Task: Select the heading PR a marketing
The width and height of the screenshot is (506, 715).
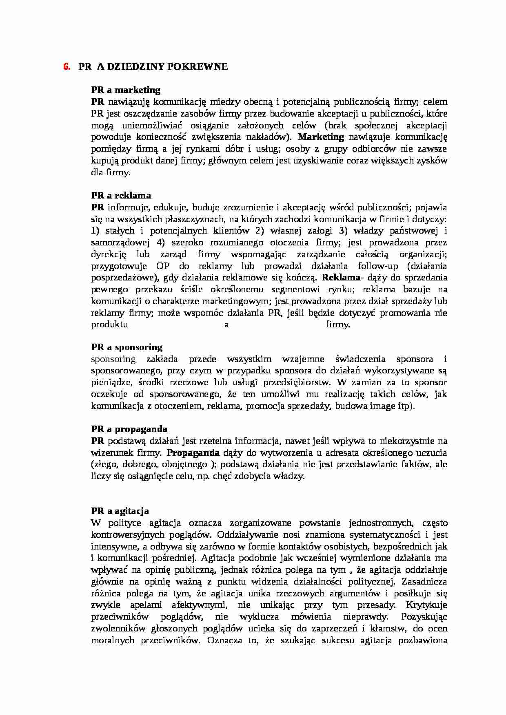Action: click(x=126, y=90)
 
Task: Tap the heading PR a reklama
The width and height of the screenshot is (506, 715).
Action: click(x=121, y=195)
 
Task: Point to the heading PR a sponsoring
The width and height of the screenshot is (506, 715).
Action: click(x=126, y=347)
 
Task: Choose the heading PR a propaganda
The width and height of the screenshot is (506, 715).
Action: click(x=129, y=429)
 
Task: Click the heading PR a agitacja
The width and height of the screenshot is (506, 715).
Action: click(x=120, y=511)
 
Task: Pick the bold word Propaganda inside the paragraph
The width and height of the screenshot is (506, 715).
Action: click(x=193, y=452)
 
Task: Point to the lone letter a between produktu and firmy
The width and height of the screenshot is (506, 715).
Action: click(x=227, y=325)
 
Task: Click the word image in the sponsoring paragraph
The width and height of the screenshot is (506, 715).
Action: click(x=382, y=406)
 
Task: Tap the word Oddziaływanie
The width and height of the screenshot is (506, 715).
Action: click(x=243, y=534)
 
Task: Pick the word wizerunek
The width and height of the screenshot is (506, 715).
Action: click(x=109, y=452)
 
